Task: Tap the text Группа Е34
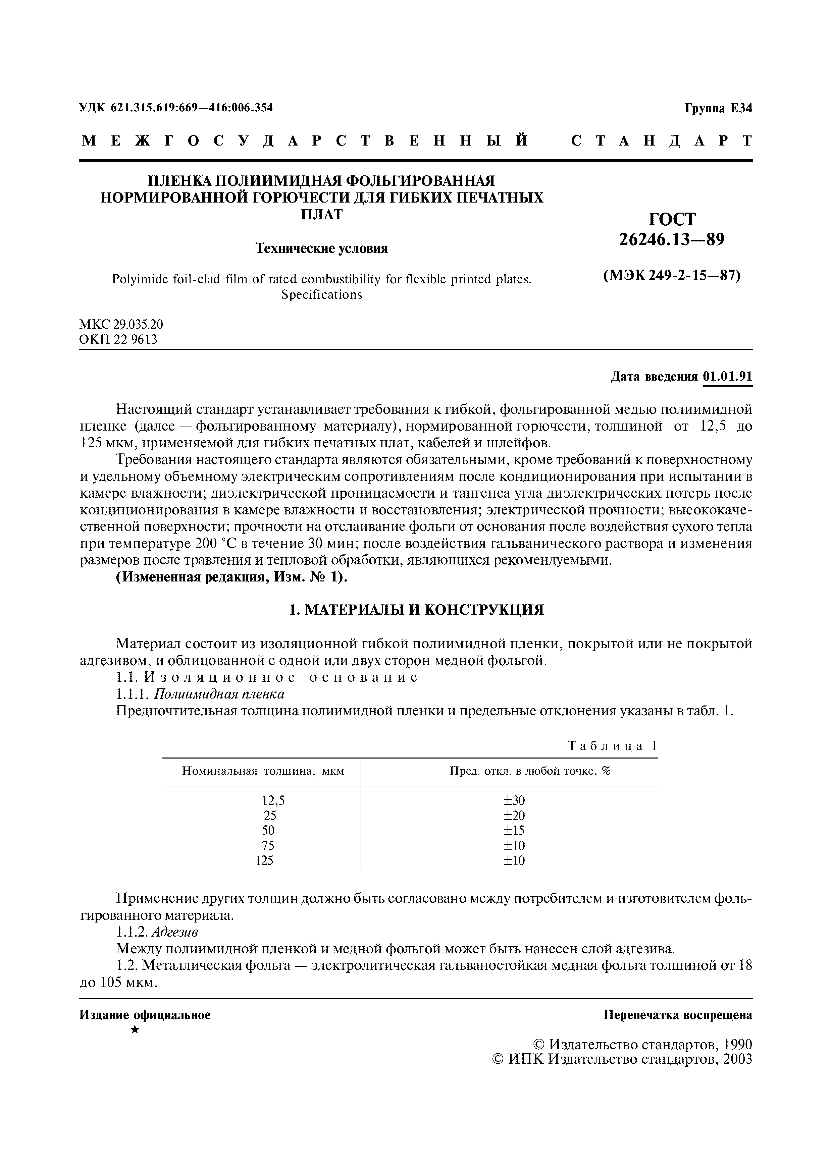click(x=718, y=109)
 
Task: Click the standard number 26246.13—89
click(x=672, y=239)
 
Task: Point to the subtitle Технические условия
click(x=321, y=248)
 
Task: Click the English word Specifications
click(x=321, y=295)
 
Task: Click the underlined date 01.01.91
click(x=728, y=377)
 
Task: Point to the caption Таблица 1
click(x=612, y=746)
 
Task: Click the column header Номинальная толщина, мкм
click(x=263, y=771)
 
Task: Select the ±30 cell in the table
click(x=514, y=800)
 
